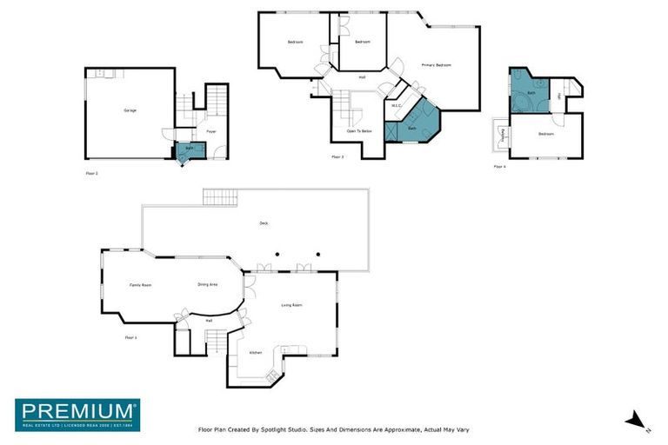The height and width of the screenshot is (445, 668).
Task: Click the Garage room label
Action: point(130,110)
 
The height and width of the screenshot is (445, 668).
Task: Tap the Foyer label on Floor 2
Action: point(210,131)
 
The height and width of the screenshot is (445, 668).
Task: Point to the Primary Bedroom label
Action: point(437,65)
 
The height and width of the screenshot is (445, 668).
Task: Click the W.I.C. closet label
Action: point(396,106)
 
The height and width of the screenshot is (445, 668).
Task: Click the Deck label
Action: point(264,223)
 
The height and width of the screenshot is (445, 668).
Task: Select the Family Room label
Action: point(141,285)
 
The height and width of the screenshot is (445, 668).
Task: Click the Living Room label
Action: point(291,305)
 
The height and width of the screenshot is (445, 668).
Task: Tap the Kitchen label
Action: point(256,352)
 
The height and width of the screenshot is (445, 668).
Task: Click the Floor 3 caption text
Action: point(337,157)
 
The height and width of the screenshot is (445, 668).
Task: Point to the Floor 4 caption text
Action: point(499,166)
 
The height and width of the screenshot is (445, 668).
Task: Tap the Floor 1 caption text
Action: point(130,337)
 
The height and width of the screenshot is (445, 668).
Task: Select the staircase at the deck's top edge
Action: point(220,197)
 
